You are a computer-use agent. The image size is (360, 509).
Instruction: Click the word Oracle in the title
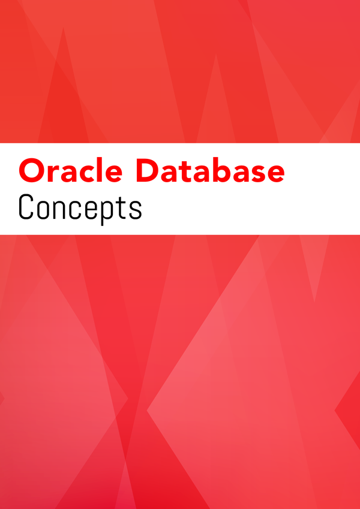71,170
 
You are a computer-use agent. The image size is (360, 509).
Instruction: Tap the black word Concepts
80,208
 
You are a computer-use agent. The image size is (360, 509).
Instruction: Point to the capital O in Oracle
32,170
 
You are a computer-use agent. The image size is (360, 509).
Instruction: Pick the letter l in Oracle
98,170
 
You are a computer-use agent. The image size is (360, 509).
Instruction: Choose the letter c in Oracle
85,174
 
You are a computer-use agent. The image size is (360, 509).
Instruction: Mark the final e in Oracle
113,174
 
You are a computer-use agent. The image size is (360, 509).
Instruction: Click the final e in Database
275,174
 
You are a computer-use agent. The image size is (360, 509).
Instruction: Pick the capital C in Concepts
26,206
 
